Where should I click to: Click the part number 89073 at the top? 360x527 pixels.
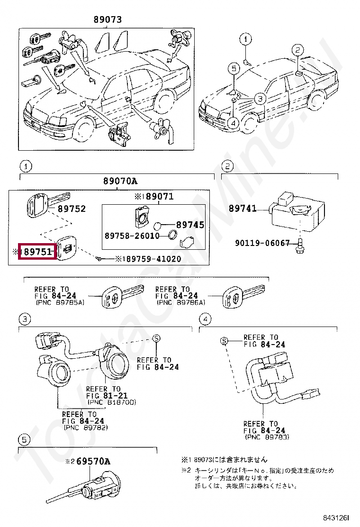point(108,20)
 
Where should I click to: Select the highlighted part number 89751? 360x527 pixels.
point(37,251)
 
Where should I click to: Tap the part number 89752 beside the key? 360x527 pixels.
point(72,209)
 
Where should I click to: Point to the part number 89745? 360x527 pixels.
point(190,225)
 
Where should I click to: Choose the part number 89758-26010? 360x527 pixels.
point(132,236)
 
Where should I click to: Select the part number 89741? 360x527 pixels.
point(243,208)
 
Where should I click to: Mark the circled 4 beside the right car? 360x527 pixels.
point(233,122)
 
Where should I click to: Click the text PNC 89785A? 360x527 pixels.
point(60,302)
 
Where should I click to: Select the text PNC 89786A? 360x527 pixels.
point(181,302)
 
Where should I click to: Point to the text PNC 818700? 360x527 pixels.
point(111,402)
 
